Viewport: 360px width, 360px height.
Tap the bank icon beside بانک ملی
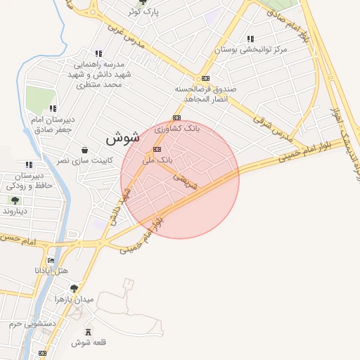pos(157,149)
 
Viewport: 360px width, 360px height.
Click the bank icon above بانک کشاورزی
pos(176,117)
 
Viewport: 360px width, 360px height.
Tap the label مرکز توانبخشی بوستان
pos(251,50)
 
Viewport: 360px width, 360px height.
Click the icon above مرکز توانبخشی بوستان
pos(250,39)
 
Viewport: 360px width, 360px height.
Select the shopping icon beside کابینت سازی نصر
pos(85,150)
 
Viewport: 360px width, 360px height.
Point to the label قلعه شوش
pos(88,342)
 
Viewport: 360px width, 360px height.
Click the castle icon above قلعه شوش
pos(88,332)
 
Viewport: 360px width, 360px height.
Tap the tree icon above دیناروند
pos(15,200)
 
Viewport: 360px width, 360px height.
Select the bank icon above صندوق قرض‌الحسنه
pos(205,79)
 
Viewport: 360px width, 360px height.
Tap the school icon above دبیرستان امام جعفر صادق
pos(53,108)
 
